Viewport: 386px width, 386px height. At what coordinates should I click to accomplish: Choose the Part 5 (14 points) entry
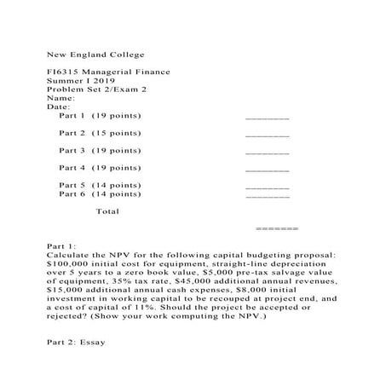pos(100,185)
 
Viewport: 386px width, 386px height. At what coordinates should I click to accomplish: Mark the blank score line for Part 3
pos(267,153)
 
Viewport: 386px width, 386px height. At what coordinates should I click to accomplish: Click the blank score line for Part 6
pos(267,197)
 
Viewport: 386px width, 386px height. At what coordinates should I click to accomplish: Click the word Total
pos(107,210)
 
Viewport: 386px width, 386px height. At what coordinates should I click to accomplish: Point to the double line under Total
pos(276,229)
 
